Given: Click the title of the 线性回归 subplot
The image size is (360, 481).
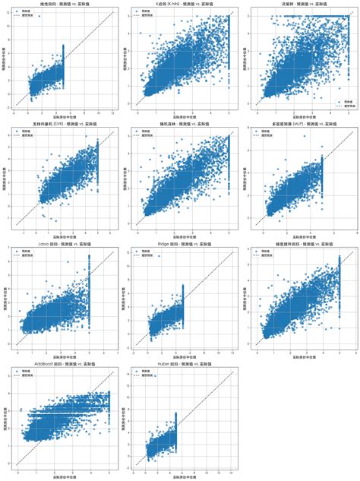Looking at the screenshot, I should (x=61, y=4).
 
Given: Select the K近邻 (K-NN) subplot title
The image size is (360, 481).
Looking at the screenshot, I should (x=180, y=4).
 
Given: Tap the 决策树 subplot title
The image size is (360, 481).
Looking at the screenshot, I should (x=299, y=4).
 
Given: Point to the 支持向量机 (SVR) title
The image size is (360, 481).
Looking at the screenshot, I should (x=61, y=124).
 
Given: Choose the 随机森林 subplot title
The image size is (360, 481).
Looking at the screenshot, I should (x=180, y=124).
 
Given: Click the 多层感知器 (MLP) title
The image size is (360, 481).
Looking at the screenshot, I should (x=299, y=124).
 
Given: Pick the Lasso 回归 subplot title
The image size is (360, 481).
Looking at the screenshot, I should (x=61, y=245).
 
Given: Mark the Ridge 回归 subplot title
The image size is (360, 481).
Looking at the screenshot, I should (x=180, y=245).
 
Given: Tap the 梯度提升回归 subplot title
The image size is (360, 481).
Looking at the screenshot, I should (x=299, y=245).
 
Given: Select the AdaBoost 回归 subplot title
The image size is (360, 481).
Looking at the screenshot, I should (x=61, y=365).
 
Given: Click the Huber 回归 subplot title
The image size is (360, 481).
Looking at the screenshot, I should (x=180, y=365).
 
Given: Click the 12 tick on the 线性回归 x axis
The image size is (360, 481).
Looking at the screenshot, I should (x=112, y=112).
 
